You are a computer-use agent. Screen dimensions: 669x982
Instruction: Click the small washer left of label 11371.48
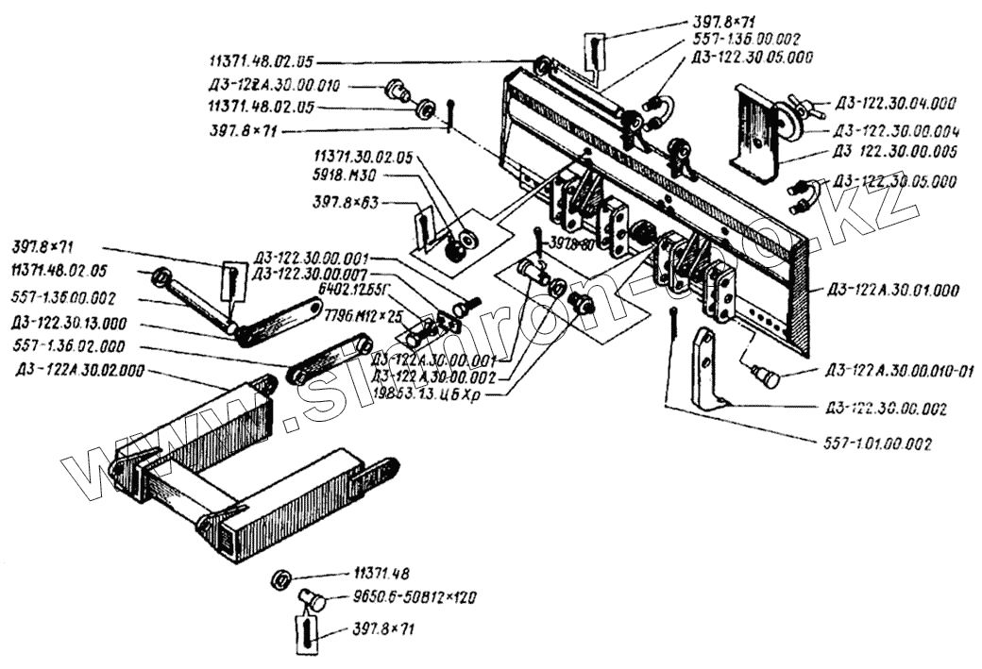280,577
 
